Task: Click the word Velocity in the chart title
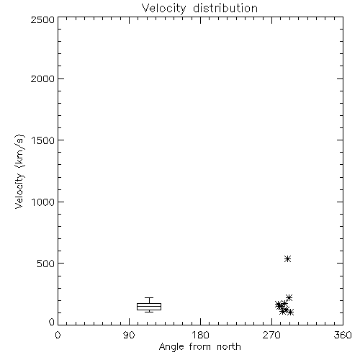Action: point(164,9)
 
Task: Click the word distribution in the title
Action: point(225,8)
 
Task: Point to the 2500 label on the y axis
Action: point(42,19)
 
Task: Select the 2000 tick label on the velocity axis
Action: point(42,78)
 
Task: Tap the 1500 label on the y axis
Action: point(43,140)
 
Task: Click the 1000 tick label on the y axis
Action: point(43,202)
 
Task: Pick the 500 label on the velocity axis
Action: point(46,264)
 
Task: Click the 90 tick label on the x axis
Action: point(129,335)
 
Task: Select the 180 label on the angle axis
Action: point(200,335)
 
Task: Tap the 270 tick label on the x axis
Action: point(271,335)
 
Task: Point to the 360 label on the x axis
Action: point(343,335)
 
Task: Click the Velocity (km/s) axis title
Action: point(19,171)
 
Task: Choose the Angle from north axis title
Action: point(200,347)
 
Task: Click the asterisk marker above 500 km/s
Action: point(287,259)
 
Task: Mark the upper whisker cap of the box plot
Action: point(149,298)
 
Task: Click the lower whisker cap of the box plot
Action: point(149,312)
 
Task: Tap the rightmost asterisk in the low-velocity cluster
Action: point(290,312)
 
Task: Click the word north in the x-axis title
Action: point(229,346)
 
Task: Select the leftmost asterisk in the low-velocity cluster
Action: point(278,305)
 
